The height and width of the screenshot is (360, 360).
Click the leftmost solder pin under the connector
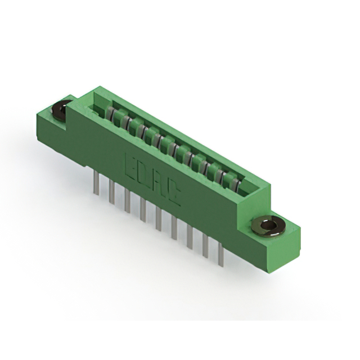click(97, 183)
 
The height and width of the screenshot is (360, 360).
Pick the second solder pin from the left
click(112, 192)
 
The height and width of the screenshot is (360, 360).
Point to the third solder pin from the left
click(128, 200)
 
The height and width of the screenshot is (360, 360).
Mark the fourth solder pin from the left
click(143, 209)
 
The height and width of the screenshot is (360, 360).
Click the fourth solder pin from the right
click(174, 227)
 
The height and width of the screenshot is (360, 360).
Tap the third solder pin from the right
click(190, 236)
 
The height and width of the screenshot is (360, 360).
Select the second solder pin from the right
click(206, 245)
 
